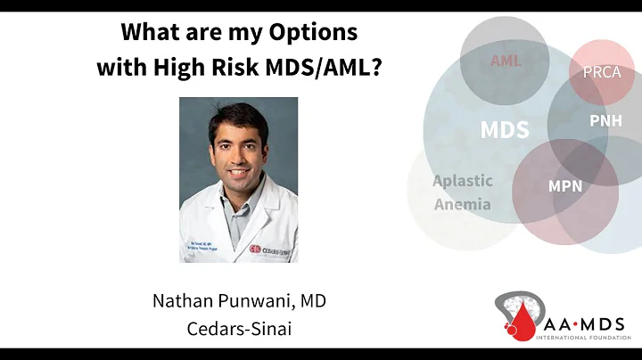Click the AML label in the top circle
(x=505, y=61)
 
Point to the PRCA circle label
(x=601, y=73)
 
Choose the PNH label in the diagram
(x=605, y=119)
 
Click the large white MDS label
(x=505, y=130)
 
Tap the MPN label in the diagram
(x=565, y=187)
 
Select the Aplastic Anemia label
(x=462, y=192)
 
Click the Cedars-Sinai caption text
(x=239, y=327)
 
